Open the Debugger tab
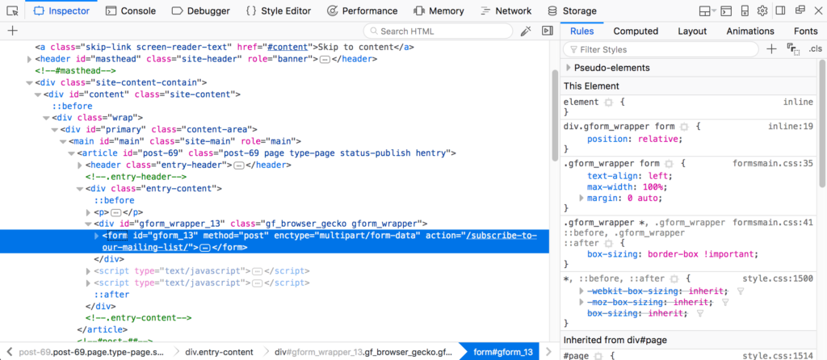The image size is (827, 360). (201, 10)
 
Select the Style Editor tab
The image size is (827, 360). (279, 10)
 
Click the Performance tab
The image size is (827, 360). (362, 10)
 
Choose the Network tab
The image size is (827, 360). (506, 10)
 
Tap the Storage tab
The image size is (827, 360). (573, 10)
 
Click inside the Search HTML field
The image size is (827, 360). (438, 31)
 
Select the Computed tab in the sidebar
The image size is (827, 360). (636, 31)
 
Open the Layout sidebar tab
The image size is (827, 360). (692, 31)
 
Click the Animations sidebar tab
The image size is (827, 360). (750, 31)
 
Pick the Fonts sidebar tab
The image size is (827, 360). (806, 31)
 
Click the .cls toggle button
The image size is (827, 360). (816, 49)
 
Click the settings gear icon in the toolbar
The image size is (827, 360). (762, 10)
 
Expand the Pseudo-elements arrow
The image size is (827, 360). (568, 68)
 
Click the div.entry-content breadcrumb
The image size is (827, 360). (219, 352)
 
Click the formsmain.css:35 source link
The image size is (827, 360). (773, 163)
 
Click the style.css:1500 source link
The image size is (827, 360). (778, 278)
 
